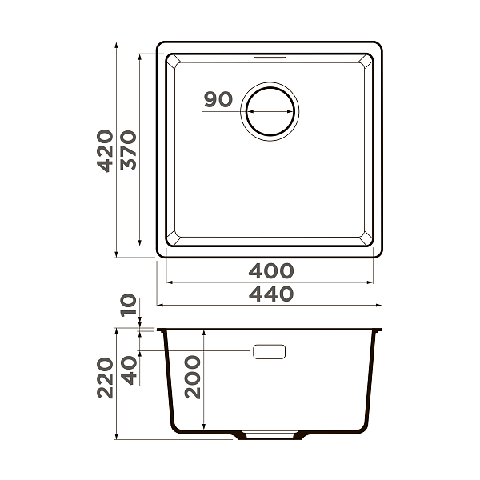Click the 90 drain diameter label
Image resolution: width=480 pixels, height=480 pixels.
tap(218, 100)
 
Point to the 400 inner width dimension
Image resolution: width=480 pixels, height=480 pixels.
tap(270, 271)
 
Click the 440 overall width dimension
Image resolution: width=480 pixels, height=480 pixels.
tap(270, 294)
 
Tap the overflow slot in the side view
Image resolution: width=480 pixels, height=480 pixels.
tap(269, 351)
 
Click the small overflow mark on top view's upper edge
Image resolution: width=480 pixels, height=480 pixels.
tap(270, 58)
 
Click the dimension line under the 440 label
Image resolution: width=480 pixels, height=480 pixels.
tap(270, 306)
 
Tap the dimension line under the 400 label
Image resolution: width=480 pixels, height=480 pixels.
tap(270, 282)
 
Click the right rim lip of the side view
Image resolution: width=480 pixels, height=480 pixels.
tap(380, 330)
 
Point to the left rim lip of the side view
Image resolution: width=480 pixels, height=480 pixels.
tap(161, 330)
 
